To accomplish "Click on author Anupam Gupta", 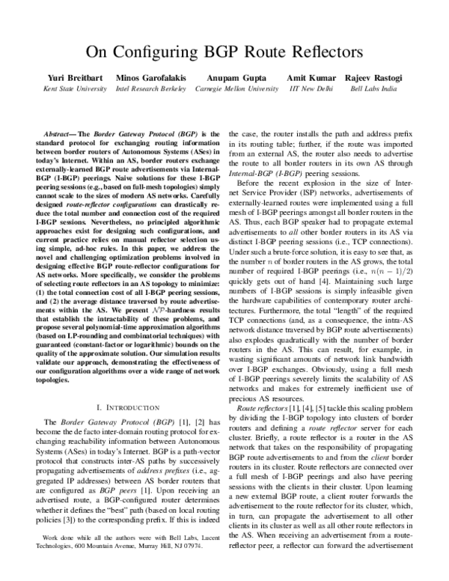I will tap(226, 78).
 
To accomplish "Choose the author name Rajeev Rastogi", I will tap(373, 78).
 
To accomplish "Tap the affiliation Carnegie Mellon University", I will tap(226, 88).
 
